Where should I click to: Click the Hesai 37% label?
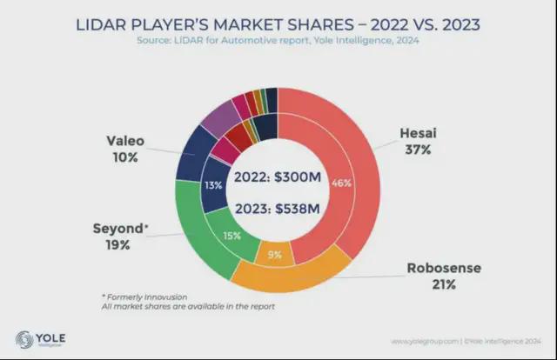click(418, 141)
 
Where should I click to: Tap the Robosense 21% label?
click(444, 276)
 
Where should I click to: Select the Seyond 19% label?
click(120, 237)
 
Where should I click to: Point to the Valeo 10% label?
click(125, 149)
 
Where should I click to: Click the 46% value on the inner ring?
click(341, 183)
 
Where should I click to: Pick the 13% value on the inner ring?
click(213, 185)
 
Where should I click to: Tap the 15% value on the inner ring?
click(232, 236)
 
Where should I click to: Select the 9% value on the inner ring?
click(275, 255)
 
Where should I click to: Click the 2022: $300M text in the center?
click(278, 177)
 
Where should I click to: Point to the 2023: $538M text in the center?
click(278, 209)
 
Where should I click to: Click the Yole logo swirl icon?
click(24, 339)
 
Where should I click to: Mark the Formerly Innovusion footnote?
click(144, 297)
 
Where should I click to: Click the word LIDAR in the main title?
click(101, 25)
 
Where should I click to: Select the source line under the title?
click(278, 40)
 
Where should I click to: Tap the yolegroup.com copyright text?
click(466, 341)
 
